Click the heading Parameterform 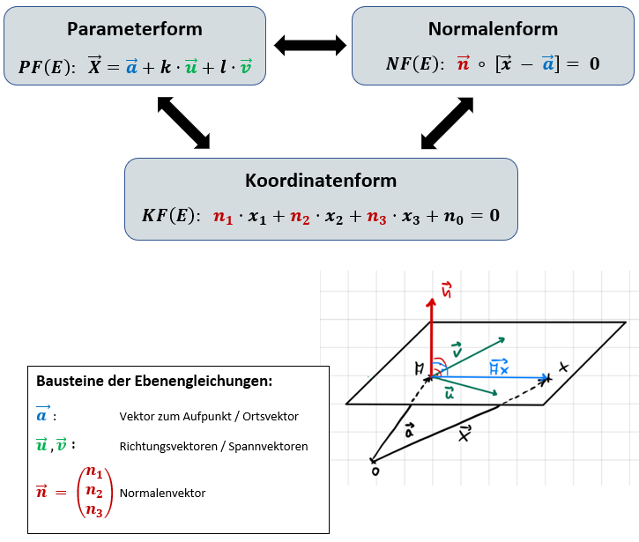(x=134, y=29)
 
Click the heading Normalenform (x=493, y=29)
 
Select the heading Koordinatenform (x=321, y=181)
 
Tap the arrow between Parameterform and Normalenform (x=308, y=43)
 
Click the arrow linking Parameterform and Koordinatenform (x=183, y=122)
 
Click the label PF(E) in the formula (x=47, y=67)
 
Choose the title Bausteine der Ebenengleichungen (x=154, y=382)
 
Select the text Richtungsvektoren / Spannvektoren (x=213, y=446)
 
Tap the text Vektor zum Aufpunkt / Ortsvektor (x=209, y=416)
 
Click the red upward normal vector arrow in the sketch (x=431, y=335)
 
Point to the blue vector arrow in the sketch (x=494, y=377)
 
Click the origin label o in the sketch (x=375, y=471)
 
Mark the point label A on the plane (x=424, y=367)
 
